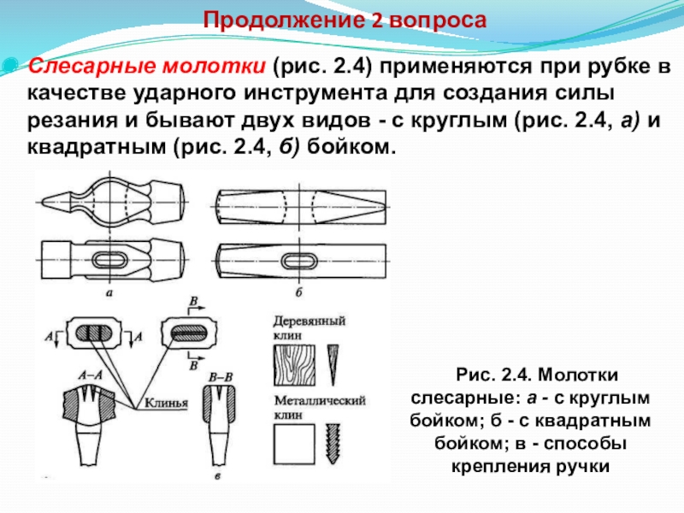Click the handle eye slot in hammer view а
[111, 259]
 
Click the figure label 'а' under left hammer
[110, 293]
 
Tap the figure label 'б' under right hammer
[298, 293]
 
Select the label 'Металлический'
[320, 399]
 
